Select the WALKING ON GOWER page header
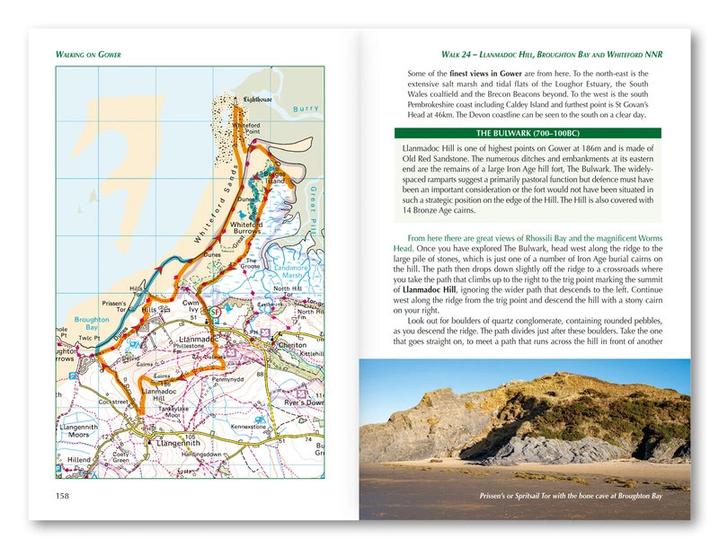(x=87, y=53)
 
